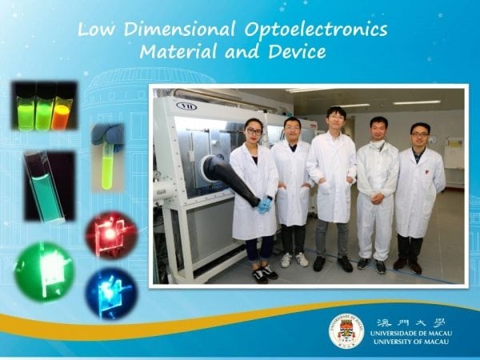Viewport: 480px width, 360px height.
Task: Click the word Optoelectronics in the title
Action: (316, 30)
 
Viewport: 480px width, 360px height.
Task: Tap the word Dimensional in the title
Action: (180, 29)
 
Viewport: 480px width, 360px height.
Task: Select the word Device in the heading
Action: (297, 51)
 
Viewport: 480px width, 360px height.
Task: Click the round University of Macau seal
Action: (346, 331)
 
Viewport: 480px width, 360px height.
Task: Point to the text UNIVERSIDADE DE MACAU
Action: (411, 333)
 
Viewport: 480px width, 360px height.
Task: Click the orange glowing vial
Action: (62, 116)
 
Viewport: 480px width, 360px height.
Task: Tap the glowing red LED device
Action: (111, 234)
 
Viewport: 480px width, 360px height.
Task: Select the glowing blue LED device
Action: (111, 294)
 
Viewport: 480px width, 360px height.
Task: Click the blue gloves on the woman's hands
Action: (264, 205)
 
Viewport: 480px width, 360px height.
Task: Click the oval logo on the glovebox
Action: (186, 106)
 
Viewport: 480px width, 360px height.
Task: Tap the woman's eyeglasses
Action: (254, 131)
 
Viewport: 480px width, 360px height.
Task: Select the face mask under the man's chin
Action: (378, 145)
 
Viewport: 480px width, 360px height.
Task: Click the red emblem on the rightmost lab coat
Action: (426, 172)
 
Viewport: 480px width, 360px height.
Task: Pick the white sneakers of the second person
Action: (294, 259)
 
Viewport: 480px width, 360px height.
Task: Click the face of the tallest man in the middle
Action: (336, 120)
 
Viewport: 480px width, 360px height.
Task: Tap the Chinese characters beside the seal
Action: (411, 322)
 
